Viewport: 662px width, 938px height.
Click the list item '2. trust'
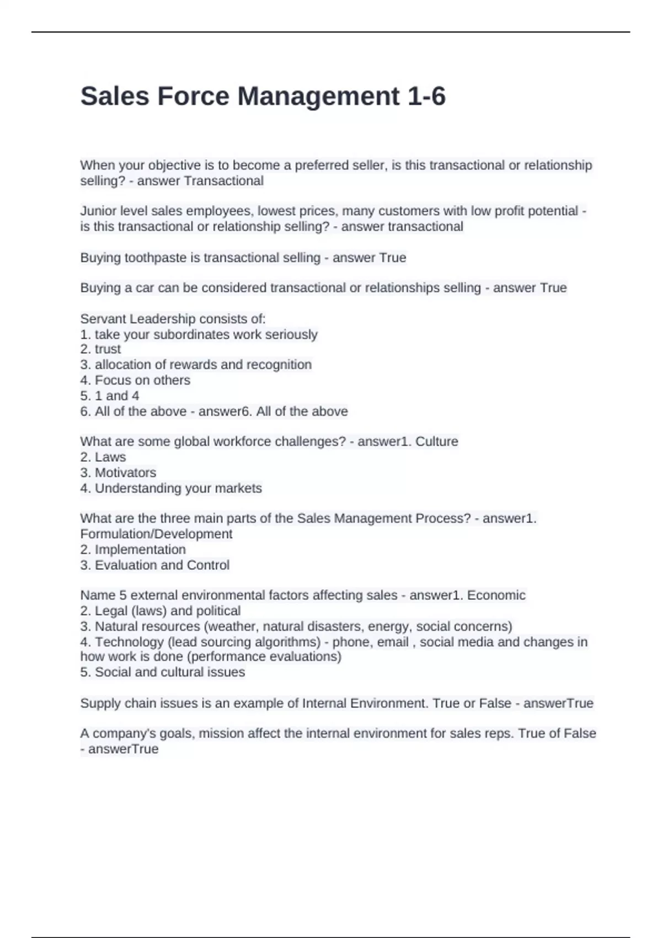click(x=100, y=349)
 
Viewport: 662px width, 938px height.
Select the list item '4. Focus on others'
click(x=135, y=380)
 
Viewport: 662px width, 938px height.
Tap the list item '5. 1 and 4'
click(x=110, y=396)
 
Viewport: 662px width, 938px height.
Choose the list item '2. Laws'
click(x=103, y=457)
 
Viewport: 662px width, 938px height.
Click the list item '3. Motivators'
click(x=118, y=473)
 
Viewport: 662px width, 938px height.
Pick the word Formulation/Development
click(x=156, y=534)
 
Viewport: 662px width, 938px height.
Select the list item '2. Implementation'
click(x=133, y=550)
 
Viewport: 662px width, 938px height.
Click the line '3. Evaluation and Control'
click(x=154, y=565)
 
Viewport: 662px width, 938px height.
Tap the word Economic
click(x=496, y=595)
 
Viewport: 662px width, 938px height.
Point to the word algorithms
click(x=287, y=642)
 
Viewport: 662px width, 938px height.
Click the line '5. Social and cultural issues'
click(x=163, y=672)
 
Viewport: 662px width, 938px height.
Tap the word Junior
click(x=97, y=211)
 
